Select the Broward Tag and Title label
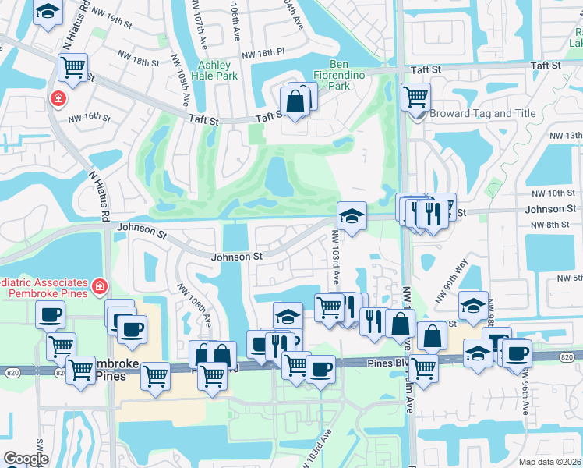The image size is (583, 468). tap(481, 113)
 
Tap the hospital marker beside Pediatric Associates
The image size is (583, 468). tap(99, 288)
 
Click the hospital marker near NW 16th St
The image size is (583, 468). tap(57, 99)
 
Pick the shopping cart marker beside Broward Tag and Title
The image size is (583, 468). tap(416, 97)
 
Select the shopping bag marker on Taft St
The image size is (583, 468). tap(296, 102)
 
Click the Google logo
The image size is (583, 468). tap(26, 459)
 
